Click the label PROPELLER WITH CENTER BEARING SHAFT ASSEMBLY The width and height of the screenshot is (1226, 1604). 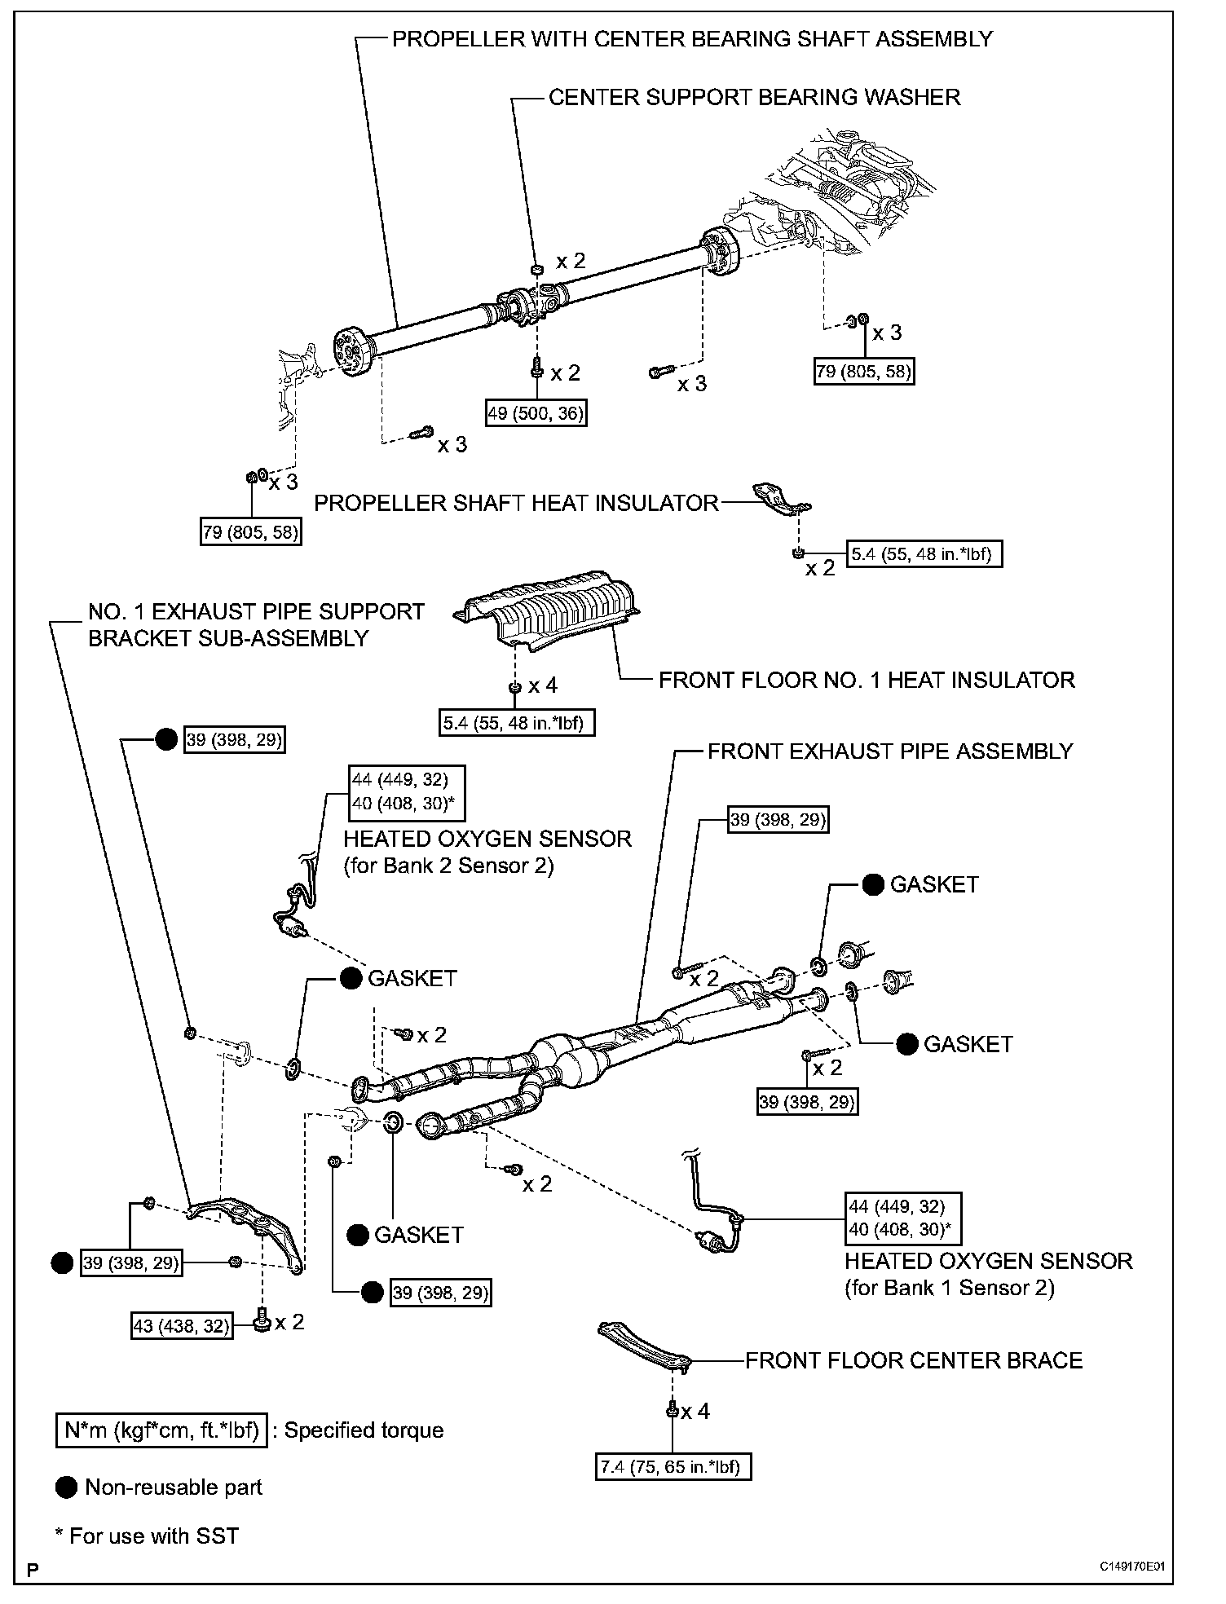coord(692,39)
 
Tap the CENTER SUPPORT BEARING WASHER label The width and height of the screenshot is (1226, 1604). coord(754,98)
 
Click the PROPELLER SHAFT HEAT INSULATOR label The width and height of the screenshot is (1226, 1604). coord(516,503)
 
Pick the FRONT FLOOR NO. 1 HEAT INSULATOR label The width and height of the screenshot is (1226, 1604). coord(867,680)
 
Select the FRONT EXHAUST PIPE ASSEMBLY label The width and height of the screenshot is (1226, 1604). coord(890,751)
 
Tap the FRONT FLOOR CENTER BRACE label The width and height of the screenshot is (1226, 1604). coord(914,1360)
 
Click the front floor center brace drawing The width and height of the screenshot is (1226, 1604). coord(644,1344)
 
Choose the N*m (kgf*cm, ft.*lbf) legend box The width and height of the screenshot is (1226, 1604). coord(161,1430)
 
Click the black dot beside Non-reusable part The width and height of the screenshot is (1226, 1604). coord(66,1487)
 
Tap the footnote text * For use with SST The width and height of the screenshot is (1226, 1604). coord(147,1536)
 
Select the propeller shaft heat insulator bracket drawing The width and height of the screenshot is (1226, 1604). coord(780,500)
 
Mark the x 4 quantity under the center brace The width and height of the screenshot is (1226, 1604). coord(695,1411)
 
